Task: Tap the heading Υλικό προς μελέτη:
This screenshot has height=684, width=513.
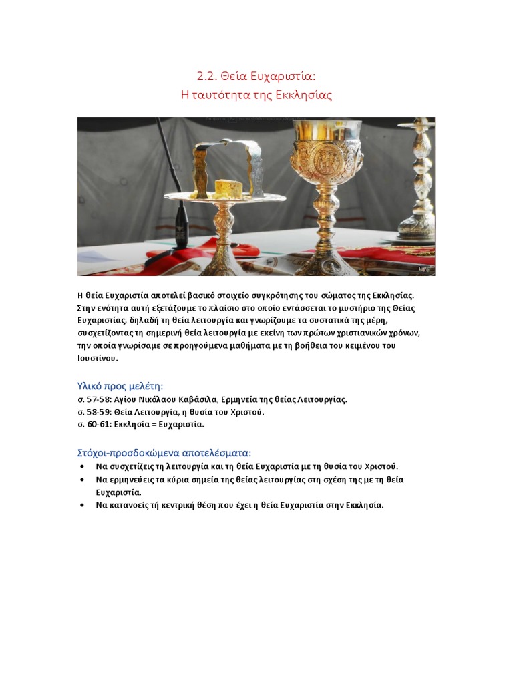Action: tap(120, 386)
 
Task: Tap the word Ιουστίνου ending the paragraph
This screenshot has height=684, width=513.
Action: tap(98, 358)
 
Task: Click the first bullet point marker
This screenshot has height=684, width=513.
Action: tap(81, 466)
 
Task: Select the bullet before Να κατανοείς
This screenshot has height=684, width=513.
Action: tap(81, 505)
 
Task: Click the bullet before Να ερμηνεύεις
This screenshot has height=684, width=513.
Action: tap(81, 480)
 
